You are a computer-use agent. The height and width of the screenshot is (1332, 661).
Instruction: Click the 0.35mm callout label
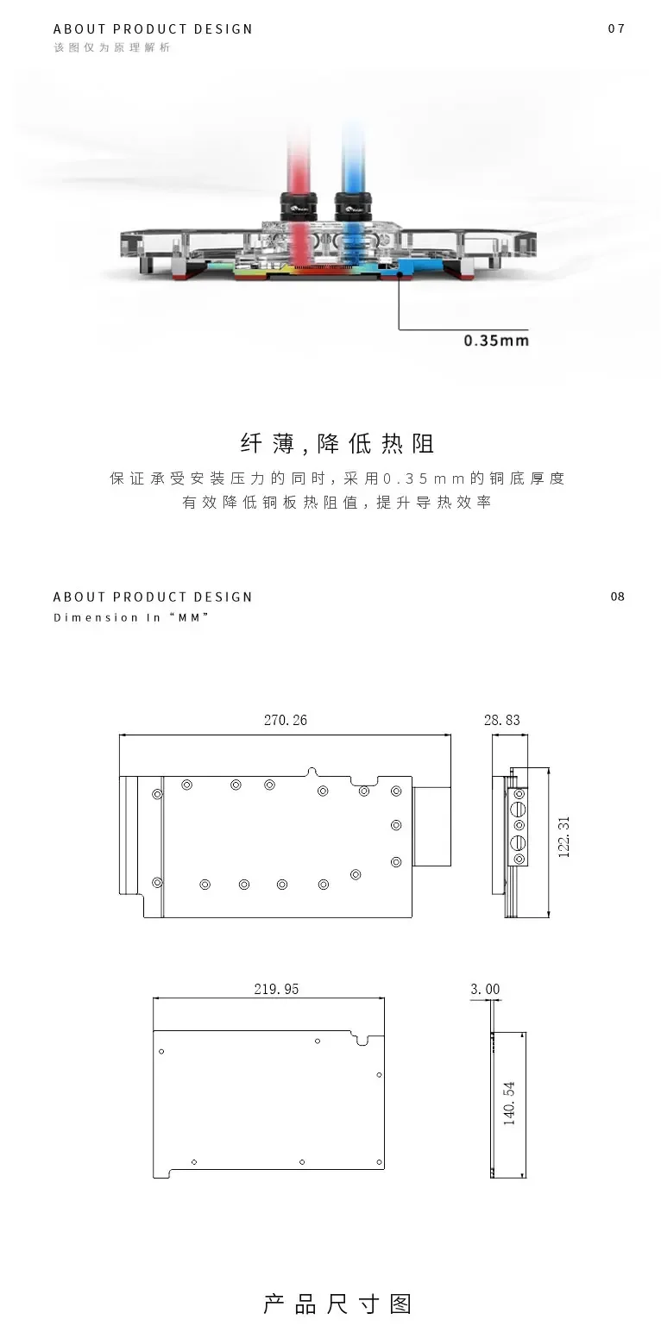(496, 340)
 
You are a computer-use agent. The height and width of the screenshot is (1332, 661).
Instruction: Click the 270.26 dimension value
(286, 720)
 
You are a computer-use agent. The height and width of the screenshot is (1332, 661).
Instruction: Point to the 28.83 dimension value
(502, 720)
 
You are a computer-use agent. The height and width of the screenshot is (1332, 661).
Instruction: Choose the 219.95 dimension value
(276, 989)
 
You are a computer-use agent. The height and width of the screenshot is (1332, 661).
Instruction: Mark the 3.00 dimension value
(485, 989)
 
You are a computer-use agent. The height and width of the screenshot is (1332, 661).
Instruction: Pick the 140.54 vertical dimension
(509, 1104)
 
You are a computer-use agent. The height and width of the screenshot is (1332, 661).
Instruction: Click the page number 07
(616, 28)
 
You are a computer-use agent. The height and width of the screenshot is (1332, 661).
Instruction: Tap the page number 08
(617, 597)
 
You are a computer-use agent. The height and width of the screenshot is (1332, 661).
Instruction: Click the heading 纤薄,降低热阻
(337, 444)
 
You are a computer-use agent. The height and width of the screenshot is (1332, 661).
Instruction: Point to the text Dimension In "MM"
(131, 617)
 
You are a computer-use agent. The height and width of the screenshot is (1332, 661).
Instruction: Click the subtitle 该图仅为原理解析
(112, 47)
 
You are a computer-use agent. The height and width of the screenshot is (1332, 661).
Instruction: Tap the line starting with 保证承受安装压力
(337, 478)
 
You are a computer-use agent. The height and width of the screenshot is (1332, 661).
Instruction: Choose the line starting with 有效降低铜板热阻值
(337, 503)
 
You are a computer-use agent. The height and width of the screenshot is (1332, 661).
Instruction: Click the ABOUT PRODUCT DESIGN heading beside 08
(153, 597)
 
